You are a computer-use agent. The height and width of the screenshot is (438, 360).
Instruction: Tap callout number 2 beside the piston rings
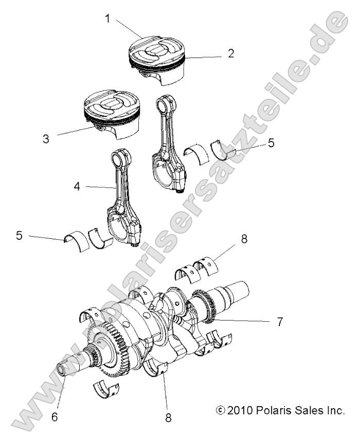[x=231, y=53]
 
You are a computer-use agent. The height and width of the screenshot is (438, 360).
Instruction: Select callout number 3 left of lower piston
[x=46, y=139]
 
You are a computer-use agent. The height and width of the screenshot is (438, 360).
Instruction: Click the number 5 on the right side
[x=271, y=143]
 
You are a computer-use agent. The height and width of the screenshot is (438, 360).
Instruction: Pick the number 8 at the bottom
[x=168, y=418]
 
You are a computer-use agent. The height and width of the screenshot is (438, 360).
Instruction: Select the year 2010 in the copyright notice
[x=240, y=410]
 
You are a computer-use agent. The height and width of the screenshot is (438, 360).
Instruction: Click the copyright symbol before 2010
[x=221, y=410]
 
